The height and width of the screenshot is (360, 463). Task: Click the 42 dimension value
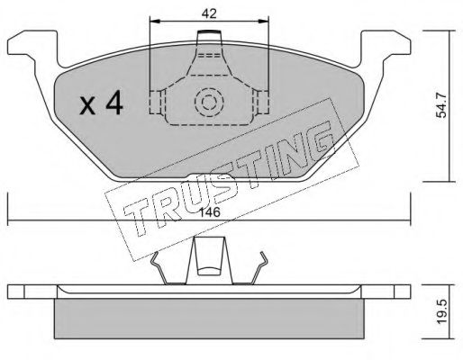tap(209, 13)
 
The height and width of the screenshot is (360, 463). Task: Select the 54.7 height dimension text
tap(441, 105)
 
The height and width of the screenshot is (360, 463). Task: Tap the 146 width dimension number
tap(210, 212)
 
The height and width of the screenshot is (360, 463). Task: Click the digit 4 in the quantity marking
tap(114, 103)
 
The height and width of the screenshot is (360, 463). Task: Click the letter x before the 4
tap(87, 106)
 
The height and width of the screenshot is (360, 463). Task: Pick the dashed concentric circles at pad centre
tap(209, 103)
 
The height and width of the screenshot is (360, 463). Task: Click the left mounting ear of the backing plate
tap(32, 48)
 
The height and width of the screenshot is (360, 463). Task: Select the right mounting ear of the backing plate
tap(386, 48)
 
